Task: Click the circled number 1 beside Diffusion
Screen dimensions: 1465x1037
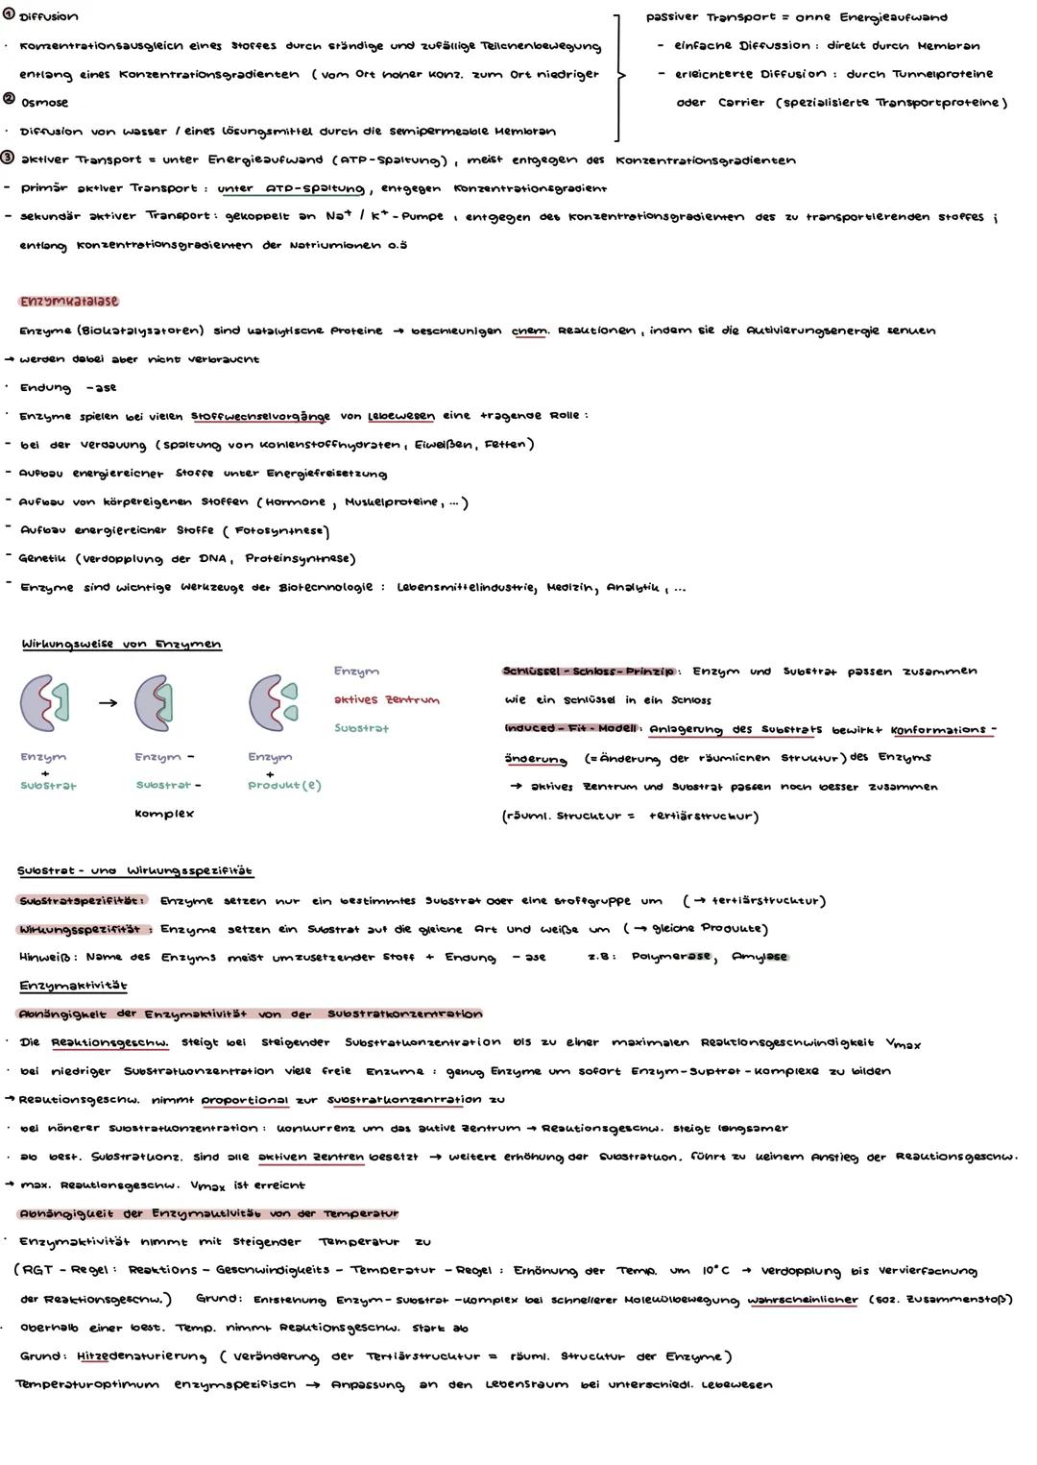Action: click(x=9, y=16)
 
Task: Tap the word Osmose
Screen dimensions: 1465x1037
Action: click(x=44, y=103)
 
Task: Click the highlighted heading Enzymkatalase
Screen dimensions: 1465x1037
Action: click(x=68, y=302)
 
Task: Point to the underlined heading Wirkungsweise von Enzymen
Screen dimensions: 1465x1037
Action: click(x=121, y=645)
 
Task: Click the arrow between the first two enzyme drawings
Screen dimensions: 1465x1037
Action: click(x=108, y=702)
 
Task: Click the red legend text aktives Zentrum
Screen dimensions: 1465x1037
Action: click(x=386, y=699)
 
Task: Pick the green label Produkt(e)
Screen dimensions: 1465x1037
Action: click(x=284, y=786)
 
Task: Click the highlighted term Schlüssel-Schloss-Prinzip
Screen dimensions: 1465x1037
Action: click(x=589, y=671)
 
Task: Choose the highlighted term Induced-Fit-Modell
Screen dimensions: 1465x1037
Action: click(x=570, y=729)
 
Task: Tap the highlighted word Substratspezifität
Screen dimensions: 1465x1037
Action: click(x=82, y=901)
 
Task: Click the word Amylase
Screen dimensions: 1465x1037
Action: click(x=759, y=957)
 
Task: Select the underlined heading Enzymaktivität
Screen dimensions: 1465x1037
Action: click(x=73, y=986)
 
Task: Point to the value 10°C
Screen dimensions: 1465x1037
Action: click(x=714, y=1270)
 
